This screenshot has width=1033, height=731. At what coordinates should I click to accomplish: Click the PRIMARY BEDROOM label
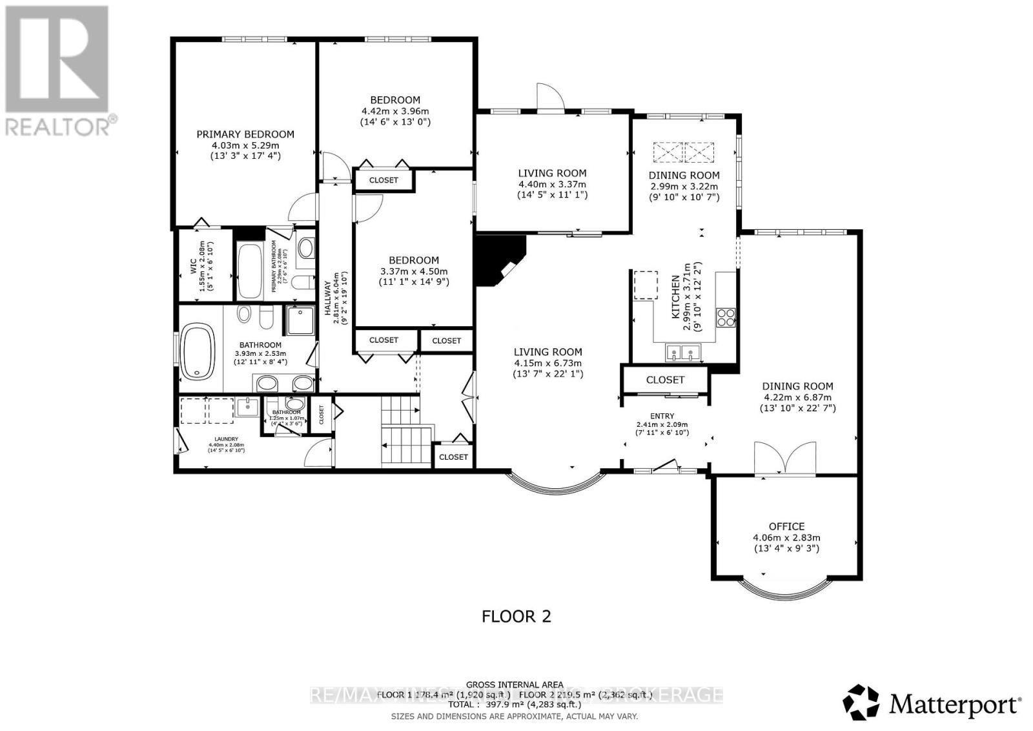(245, 134)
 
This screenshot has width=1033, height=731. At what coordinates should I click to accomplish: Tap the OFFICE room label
(786, 526)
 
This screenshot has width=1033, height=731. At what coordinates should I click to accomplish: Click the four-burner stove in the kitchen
(726, 318)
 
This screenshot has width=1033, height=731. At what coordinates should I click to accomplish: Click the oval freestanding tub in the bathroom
(199, 353)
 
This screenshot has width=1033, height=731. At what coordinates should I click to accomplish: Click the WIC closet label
(192, 267)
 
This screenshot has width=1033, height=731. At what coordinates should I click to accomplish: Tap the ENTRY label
(662, 416)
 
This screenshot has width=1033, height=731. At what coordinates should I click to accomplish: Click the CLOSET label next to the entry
(665, 380)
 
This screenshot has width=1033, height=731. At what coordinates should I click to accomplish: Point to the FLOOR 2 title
(516, 616)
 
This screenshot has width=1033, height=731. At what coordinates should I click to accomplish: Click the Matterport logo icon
(861, 703)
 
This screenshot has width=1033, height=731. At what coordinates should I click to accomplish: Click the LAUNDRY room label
(218, 439)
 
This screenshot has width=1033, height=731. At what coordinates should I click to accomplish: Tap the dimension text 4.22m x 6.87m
(798, 397)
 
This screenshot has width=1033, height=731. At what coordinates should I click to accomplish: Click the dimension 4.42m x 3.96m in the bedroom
(395, 111)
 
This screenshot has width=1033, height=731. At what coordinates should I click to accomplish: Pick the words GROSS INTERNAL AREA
(515, 685)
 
